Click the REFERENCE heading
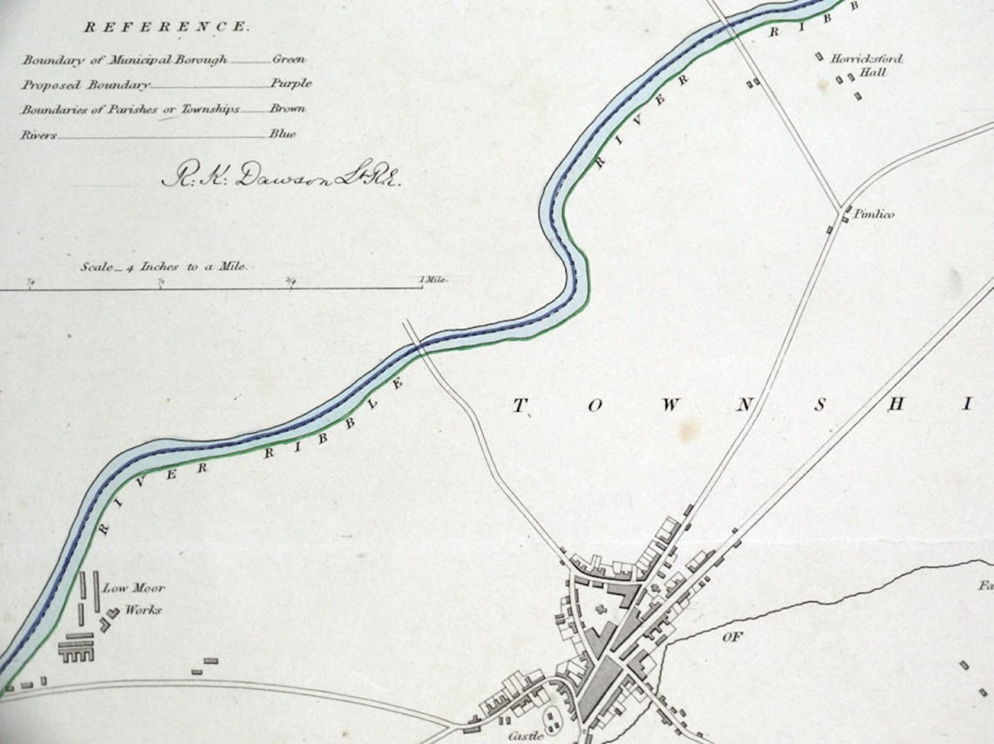(x=166, y=27)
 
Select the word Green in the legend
(x=289, y=60)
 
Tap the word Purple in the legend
(x=290, y=85)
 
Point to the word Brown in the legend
(x=288, y=110)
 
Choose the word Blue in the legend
(x=283, y=134)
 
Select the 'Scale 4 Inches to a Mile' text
(x=164, y=267)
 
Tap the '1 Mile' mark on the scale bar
(x=433, y=280)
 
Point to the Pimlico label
(x=873, y=214)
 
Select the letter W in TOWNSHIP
(x=670, y=406)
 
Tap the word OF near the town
(x=731, y=638)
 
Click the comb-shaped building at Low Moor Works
(x=76, y=648)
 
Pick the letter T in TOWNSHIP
(x=521, y=405)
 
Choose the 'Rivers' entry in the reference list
(x=38, y=135)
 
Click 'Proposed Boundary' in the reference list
(x=85, y=85)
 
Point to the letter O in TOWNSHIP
(x=595, y=406)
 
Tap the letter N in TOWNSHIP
(x=744, y=406)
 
